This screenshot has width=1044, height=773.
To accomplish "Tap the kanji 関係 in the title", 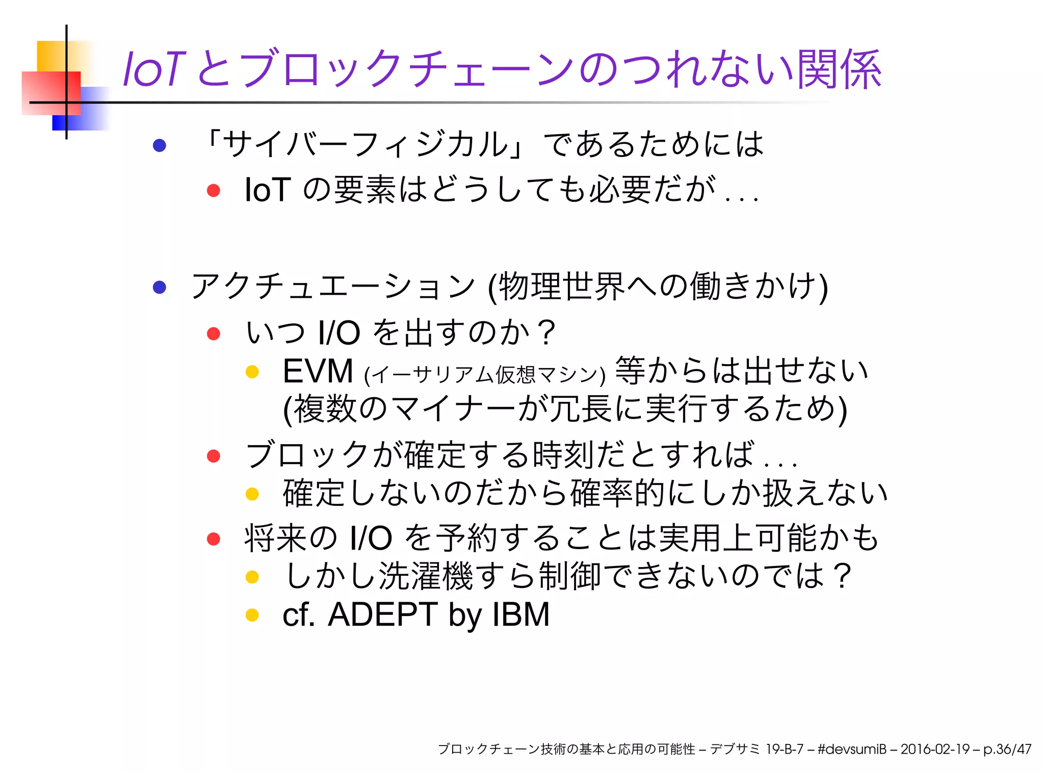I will [x=839, y=69].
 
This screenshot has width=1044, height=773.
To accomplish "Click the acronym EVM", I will [x=318, y=371].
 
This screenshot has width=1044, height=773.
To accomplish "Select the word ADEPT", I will [x=382, y=614].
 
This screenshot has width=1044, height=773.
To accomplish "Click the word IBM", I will [x=520, y=614].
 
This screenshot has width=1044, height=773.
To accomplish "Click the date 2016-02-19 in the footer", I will [x=935, y=749].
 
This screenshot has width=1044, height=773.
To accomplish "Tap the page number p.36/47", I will [x=1007, y=749].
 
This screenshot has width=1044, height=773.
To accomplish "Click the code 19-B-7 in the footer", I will [x=784, y=749].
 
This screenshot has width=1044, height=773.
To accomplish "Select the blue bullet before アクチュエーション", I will [x=160, y=287].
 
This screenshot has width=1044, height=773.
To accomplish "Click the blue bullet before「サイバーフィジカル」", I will [x=160, y=145].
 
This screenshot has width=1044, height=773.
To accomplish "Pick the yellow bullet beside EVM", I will [x=252, y=372].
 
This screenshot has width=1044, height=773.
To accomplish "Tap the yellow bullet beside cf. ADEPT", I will [x=252, y=615].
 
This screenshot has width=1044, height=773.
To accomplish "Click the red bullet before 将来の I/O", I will [x=214, y=538].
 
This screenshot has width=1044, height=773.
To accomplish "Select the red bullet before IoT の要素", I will [x=214, y=191].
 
